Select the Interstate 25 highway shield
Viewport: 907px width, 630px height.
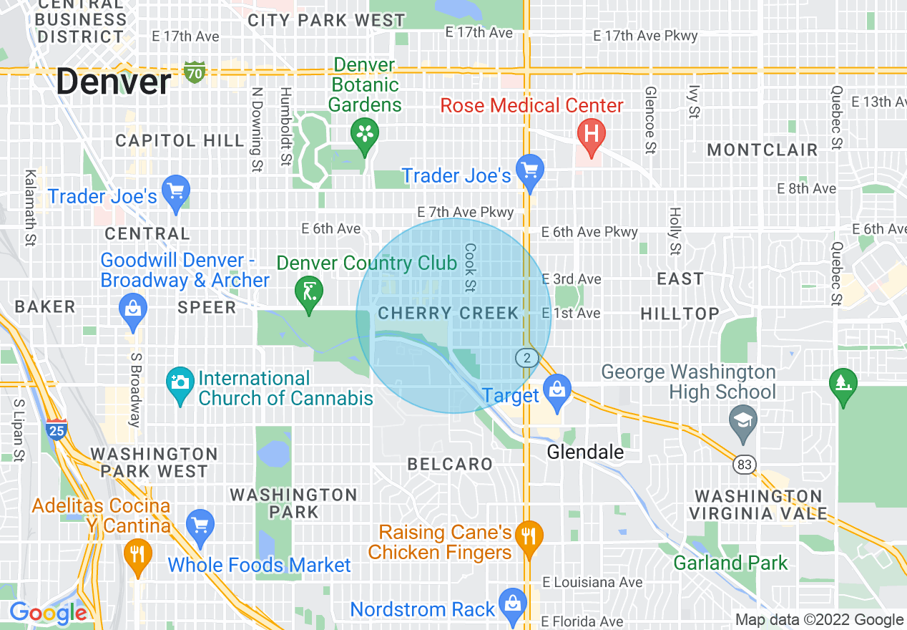[x=57, y=428]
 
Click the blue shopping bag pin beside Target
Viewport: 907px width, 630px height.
[x=556, y=391]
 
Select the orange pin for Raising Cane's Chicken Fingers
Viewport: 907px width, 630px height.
[x=529, y=537]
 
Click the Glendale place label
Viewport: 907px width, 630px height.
[x=585, y=452]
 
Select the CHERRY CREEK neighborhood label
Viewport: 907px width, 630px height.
[x=448, y=313]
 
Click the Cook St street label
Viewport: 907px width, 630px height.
[x=470, y=267]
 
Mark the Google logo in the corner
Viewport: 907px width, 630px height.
[x=47, y=613]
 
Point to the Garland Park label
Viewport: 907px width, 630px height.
[x=730, y=563]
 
